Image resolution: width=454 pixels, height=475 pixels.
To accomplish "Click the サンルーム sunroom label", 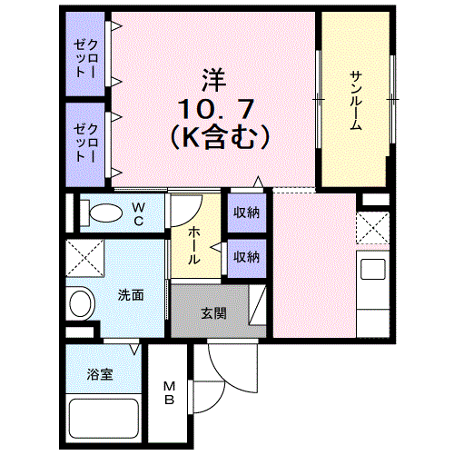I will tap(355, 100).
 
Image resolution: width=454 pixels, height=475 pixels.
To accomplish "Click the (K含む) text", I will tap(218, 138).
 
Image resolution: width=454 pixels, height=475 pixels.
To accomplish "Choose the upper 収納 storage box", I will tap(246, 213).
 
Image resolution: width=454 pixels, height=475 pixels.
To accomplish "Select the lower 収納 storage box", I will tap(246, 256).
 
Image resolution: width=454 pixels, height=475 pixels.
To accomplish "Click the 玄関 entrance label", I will tap(213, 314).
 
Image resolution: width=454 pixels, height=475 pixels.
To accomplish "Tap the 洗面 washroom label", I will tap(130, 295).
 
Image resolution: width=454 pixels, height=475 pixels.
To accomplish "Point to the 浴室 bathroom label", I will tap(100, 373).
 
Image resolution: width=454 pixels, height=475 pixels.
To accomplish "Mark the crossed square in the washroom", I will tap(84, 260).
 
